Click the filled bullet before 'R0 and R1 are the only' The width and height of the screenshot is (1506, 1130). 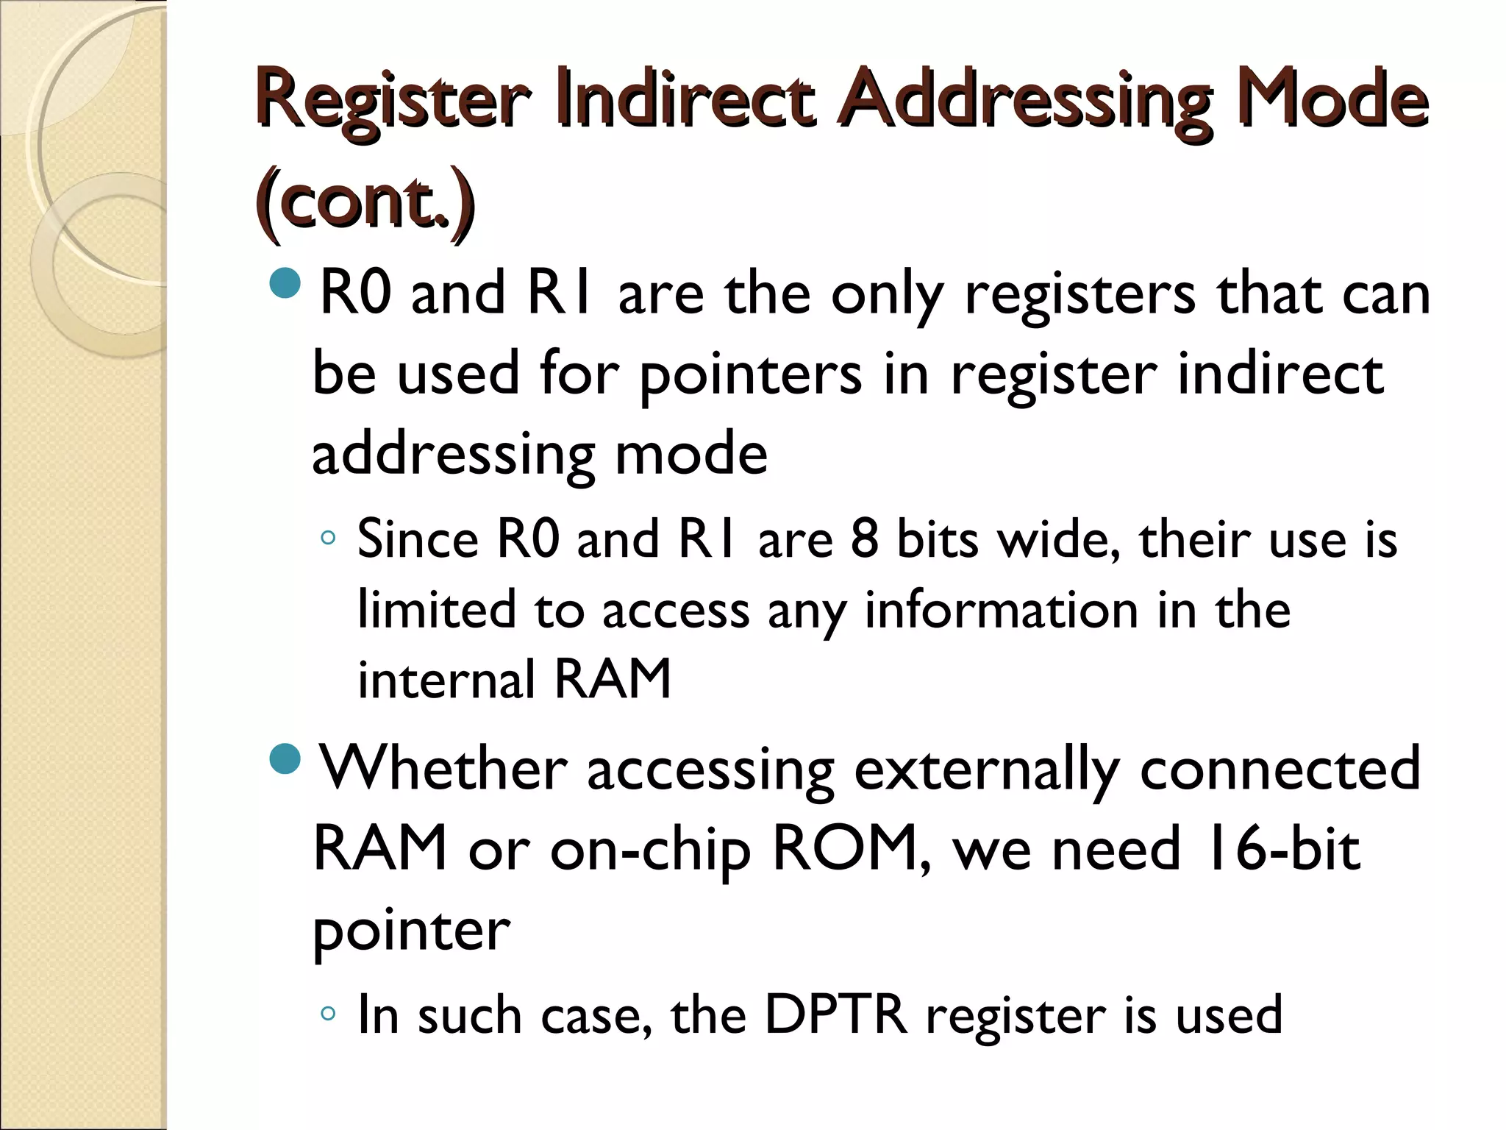tap(285, 283)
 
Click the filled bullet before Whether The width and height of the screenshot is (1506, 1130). tap(285, 759)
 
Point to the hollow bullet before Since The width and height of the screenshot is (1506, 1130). tap(328, 539)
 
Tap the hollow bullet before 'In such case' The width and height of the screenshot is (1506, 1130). tap(328, 1014)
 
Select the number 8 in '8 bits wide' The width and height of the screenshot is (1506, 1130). tap(865, 539)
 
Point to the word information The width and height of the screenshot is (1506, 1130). tap(1001, 610)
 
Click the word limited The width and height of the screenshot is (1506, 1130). tap(436, 610)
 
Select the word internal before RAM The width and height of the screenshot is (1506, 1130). tap(446, 679)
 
